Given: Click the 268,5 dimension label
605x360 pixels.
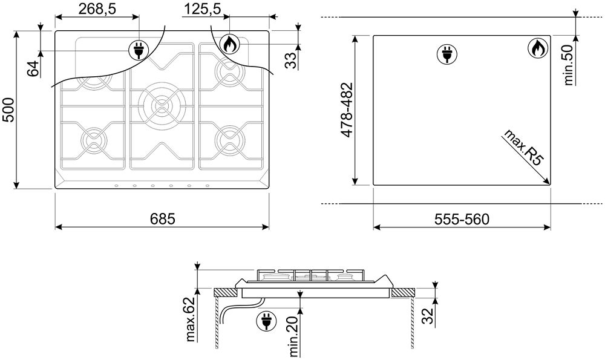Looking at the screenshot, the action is pos(97,8).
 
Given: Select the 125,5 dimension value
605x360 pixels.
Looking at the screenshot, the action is pos(202,8).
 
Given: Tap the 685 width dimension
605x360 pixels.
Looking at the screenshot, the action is pos(162,219).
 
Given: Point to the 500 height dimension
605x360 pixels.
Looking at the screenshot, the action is pos(8,110).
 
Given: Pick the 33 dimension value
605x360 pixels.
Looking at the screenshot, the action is pos(292,60).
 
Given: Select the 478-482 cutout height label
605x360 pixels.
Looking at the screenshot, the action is pos(347,110).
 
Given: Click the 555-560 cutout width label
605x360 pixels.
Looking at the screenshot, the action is pos(462,219).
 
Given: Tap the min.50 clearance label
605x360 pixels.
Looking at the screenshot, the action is pos(569,65).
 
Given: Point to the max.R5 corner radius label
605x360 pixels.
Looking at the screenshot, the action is pos(523,148).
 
